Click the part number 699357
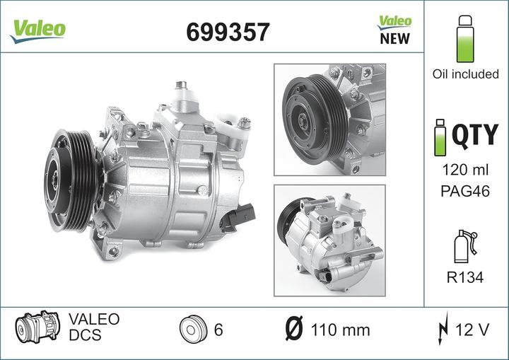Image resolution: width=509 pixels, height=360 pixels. [227, 31]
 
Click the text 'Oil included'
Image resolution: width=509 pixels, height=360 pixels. [465, 74]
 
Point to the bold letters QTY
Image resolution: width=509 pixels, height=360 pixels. [475, 134]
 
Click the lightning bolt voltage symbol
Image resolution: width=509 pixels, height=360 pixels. [443, 329]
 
